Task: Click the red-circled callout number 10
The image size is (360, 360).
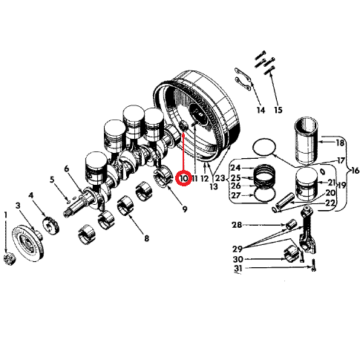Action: (183, 178)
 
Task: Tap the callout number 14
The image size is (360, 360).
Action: (261, 110)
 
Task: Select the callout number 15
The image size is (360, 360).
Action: (278, 110)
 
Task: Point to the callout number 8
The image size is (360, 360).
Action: (146, 238)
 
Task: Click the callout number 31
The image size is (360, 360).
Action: (238, 268)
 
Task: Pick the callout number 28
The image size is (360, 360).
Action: (237, 225)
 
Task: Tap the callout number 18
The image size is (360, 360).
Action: (340, 143)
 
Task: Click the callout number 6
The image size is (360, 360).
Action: (67, 169)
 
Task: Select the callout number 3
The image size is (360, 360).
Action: (18, 206)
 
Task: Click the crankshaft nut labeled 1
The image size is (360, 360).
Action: (10, 259)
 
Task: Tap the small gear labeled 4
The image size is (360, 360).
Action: (51, 226)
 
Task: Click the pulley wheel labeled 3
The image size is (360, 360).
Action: (28, 243)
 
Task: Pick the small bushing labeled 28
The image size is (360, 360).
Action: (291, 224)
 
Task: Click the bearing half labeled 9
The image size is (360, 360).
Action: (163, 176)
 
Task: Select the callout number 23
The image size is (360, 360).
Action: (220, 178)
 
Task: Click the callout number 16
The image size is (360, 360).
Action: (355, 171)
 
